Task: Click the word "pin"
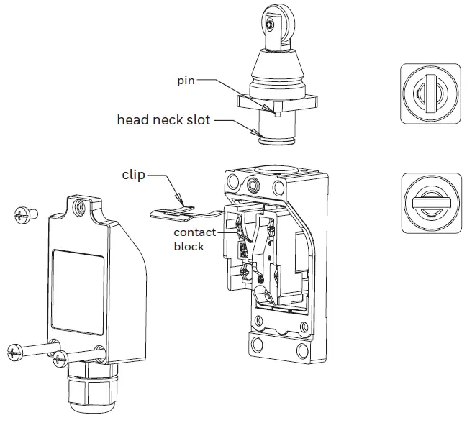(x=186, y=81)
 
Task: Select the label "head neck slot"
(x=163, y=120)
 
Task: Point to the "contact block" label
(x=194, y=240)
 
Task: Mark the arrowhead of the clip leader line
(x=181, y=202)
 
